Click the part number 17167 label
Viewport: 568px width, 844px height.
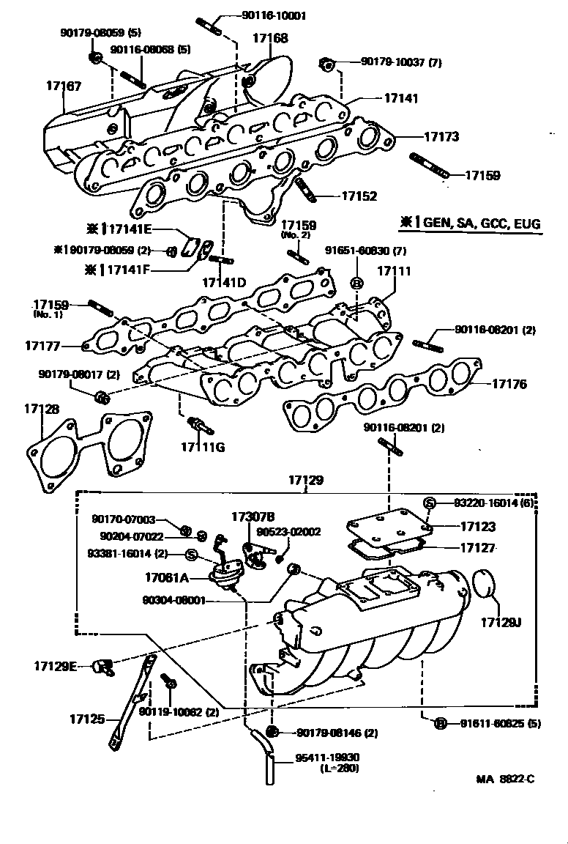64,86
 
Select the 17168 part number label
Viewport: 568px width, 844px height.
270,37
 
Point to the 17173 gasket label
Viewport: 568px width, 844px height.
441,136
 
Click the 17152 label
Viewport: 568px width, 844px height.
359,196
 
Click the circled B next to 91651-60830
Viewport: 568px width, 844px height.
357,283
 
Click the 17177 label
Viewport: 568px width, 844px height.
42,344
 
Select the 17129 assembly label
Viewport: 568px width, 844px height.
305,481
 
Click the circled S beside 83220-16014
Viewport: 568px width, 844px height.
430,503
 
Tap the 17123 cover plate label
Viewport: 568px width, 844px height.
478,526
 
